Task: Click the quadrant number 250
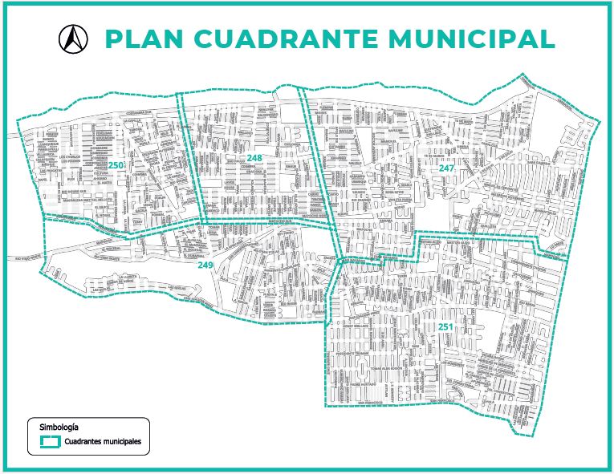click(117, 165)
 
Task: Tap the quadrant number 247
click(446, 168)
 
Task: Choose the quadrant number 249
click(205, 265)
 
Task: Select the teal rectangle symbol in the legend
click(51, 440)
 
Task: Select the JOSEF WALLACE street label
click(354, 326)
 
